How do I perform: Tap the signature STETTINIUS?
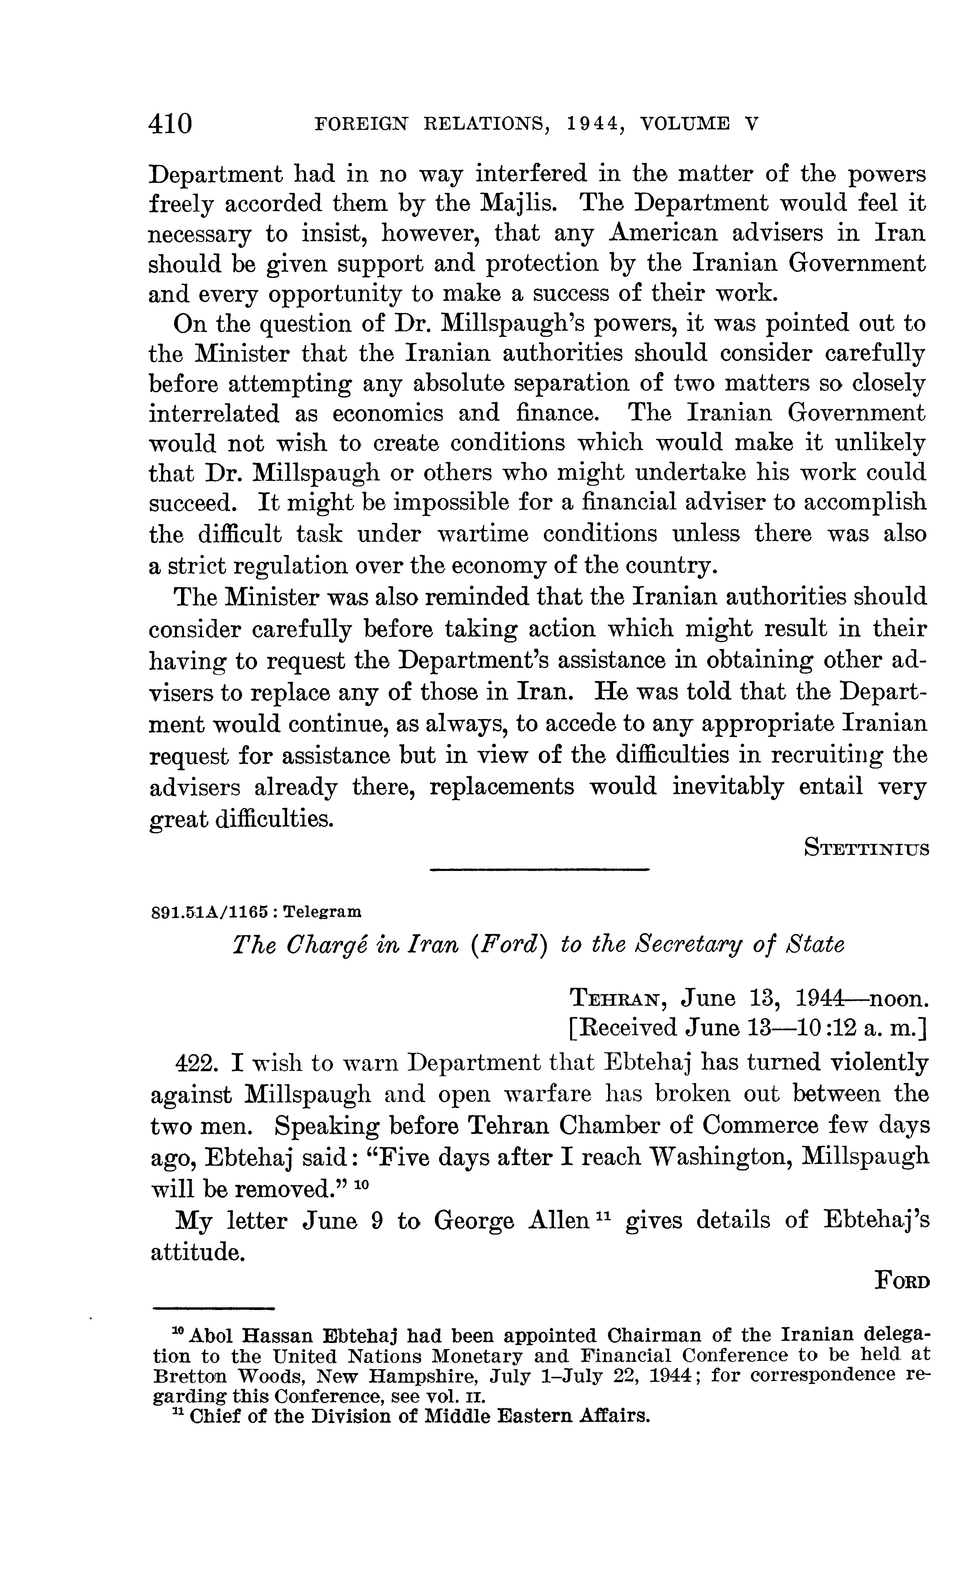click(x=866, y=847)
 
